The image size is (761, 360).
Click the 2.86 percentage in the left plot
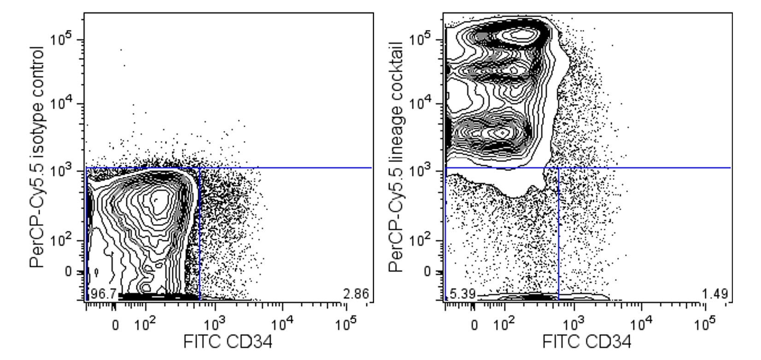pyautogui.click(x=356, y=294)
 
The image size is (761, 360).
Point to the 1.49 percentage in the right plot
pyautogui.click(x=715, y=294)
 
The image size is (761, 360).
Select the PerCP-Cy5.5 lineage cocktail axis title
pyautogui.click(x=397, y=157)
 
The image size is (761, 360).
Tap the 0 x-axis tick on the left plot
pyautogui.click(x=116, y=325)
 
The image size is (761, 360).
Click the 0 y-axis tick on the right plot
pyautogui.click(x=427, y=271)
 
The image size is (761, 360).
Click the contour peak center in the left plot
pyautogui.click(x=157, y=200)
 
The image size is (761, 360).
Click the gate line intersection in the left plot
pyautogui.click(x=199, y=168)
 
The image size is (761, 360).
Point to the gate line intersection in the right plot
pyautogui.click(x=558, y=168)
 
